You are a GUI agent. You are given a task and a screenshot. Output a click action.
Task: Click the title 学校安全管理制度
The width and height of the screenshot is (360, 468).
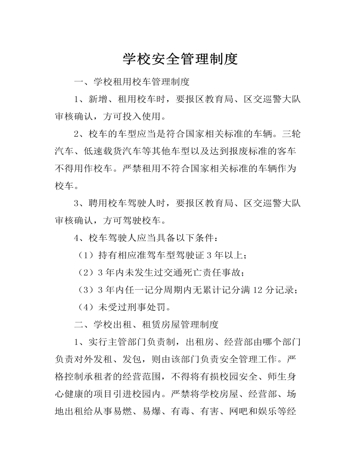180,58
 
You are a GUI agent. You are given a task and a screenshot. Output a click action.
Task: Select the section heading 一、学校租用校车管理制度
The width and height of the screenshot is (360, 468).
131,82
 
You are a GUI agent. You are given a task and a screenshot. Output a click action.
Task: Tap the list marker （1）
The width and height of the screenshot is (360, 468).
86,255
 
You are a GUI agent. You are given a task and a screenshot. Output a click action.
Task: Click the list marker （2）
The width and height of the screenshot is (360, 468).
86,272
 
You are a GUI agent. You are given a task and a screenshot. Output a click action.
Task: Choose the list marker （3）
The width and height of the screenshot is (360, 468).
86,290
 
